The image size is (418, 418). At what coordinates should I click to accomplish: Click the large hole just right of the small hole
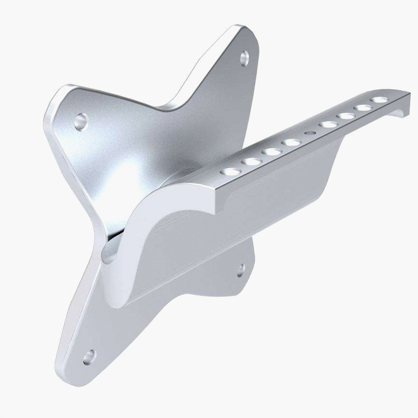pyautogui.click(x=327, y=124)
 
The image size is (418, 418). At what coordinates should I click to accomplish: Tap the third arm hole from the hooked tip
pyautogui.click(x=345, y=116)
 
